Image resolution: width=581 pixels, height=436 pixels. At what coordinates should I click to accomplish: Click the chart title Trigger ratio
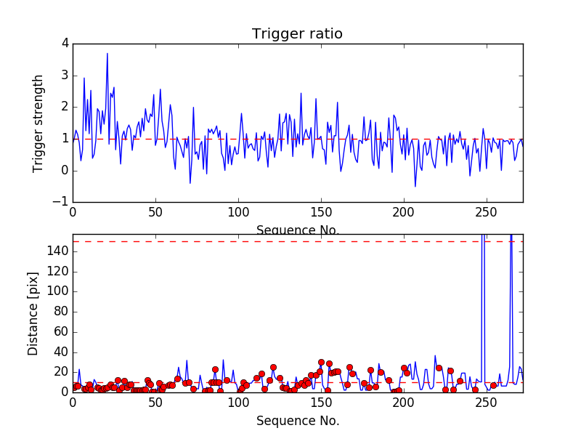[x=297, y=34]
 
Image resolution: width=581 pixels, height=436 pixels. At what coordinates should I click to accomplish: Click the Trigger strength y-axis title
[x=39, y=123]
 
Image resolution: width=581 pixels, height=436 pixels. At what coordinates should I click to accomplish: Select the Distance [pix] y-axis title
[x=33, y=314]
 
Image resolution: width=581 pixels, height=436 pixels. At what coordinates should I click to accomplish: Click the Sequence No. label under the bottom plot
[x=298, y=421]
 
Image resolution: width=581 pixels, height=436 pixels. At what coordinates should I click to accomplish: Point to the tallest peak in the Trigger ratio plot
[x=107, y=54]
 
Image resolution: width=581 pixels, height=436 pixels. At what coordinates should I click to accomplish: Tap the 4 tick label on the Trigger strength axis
[x=65, y=44]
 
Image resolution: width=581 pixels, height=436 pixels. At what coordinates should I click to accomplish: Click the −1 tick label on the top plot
[x=61, y=202]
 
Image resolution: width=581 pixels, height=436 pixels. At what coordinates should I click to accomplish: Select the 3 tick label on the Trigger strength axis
[x=65, y=76]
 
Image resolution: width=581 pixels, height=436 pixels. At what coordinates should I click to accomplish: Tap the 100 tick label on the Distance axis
[x=57, y=291]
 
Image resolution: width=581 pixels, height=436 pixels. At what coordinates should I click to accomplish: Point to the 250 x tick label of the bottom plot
[x=486, y=403]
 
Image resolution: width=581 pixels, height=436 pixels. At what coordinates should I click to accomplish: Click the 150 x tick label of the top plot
[x=321, y=213]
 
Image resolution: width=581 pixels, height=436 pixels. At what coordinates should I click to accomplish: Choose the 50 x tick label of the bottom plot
[x=155, y=403]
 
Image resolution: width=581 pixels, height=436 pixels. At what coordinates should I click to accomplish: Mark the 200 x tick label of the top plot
[x=403, y=213]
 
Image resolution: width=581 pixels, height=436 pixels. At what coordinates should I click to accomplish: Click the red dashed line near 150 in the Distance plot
[x=290, y=241]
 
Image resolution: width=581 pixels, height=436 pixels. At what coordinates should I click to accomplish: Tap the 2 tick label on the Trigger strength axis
[x=65, y=107]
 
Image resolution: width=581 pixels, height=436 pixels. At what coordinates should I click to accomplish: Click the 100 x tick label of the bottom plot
[x=238, y=403]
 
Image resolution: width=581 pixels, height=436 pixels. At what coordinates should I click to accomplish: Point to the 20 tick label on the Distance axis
[x=60, y=372]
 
